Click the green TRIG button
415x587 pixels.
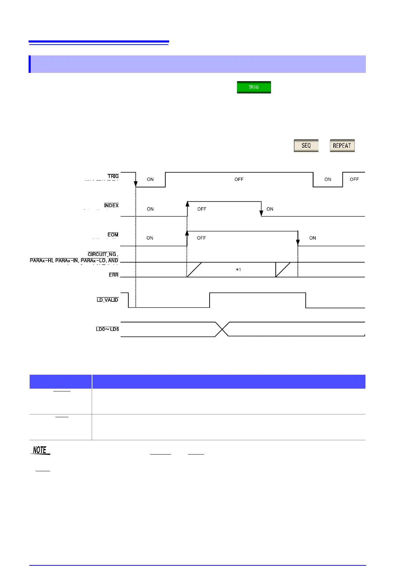coord(254,87)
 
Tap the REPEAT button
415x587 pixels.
coord(342,146)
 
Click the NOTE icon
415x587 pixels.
coord(41,450)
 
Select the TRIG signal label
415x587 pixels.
coord(113,176)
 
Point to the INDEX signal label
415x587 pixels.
coord(111,206)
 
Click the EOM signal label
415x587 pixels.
coord(113,235)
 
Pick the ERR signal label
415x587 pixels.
coord(113,275)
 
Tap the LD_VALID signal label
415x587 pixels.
coord(107,300)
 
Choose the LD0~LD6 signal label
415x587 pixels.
coord(107,329)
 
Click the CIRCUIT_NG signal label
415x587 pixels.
coord(102,254)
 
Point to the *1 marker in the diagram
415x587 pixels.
coord(239,270)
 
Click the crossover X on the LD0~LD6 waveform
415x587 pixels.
coord(222,329)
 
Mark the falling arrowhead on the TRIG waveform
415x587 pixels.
coord(136,184)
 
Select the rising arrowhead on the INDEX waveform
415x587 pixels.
coord(187,204)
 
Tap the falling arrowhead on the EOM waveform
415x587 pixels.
coord(298,243)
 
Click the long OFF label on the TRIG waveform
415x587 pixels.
coord(239,180)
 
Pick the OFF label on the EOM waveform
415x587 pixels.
coord(202,238)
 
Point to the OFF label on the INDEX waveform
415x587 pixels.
coord(202,209)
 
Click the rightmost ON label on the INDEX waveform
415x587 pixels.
coord(270,209)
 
